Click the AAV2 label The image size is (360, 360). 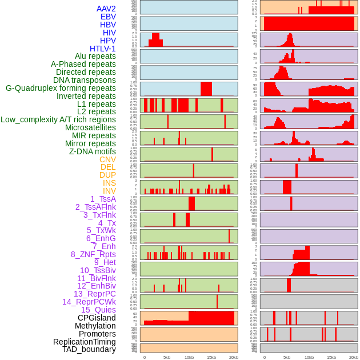(x=106, y=9)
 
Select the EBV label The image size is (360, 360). (x=108, y=17)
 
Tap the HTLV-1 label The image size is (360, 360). (x=102, y=49)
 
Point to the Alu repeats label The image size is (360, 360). (x=95, y=56)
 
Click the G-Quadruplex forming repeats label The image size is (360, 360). (x=61, y=88)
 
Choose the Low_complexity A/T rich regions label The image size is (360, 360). (x=58, y=119)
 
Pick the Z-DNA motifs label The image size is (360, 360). (x=92, y=151)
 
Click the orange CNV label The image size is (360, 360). (x=107, y=159)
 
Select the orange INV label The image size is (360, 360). (x=109, y=191)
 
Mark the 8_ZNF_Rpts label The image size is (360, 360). (x=93, y=254)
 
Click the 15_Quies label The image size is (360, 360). (x=98, y=310)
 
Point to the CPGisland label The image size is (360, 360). (x=97, y=318)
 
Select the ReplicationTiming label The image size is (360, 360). (x=84, y=342)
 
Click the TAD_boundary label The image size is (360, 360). (x=89, y=349)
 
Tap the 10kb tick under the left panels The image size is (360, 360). (x=189, y=357)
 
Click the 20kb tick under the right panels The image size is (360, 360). (x=354, y=357)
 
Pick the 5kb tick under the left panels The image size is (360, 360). (x=167, y=357)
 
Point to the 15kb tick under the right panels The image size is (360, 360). (x=331, y=357)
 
